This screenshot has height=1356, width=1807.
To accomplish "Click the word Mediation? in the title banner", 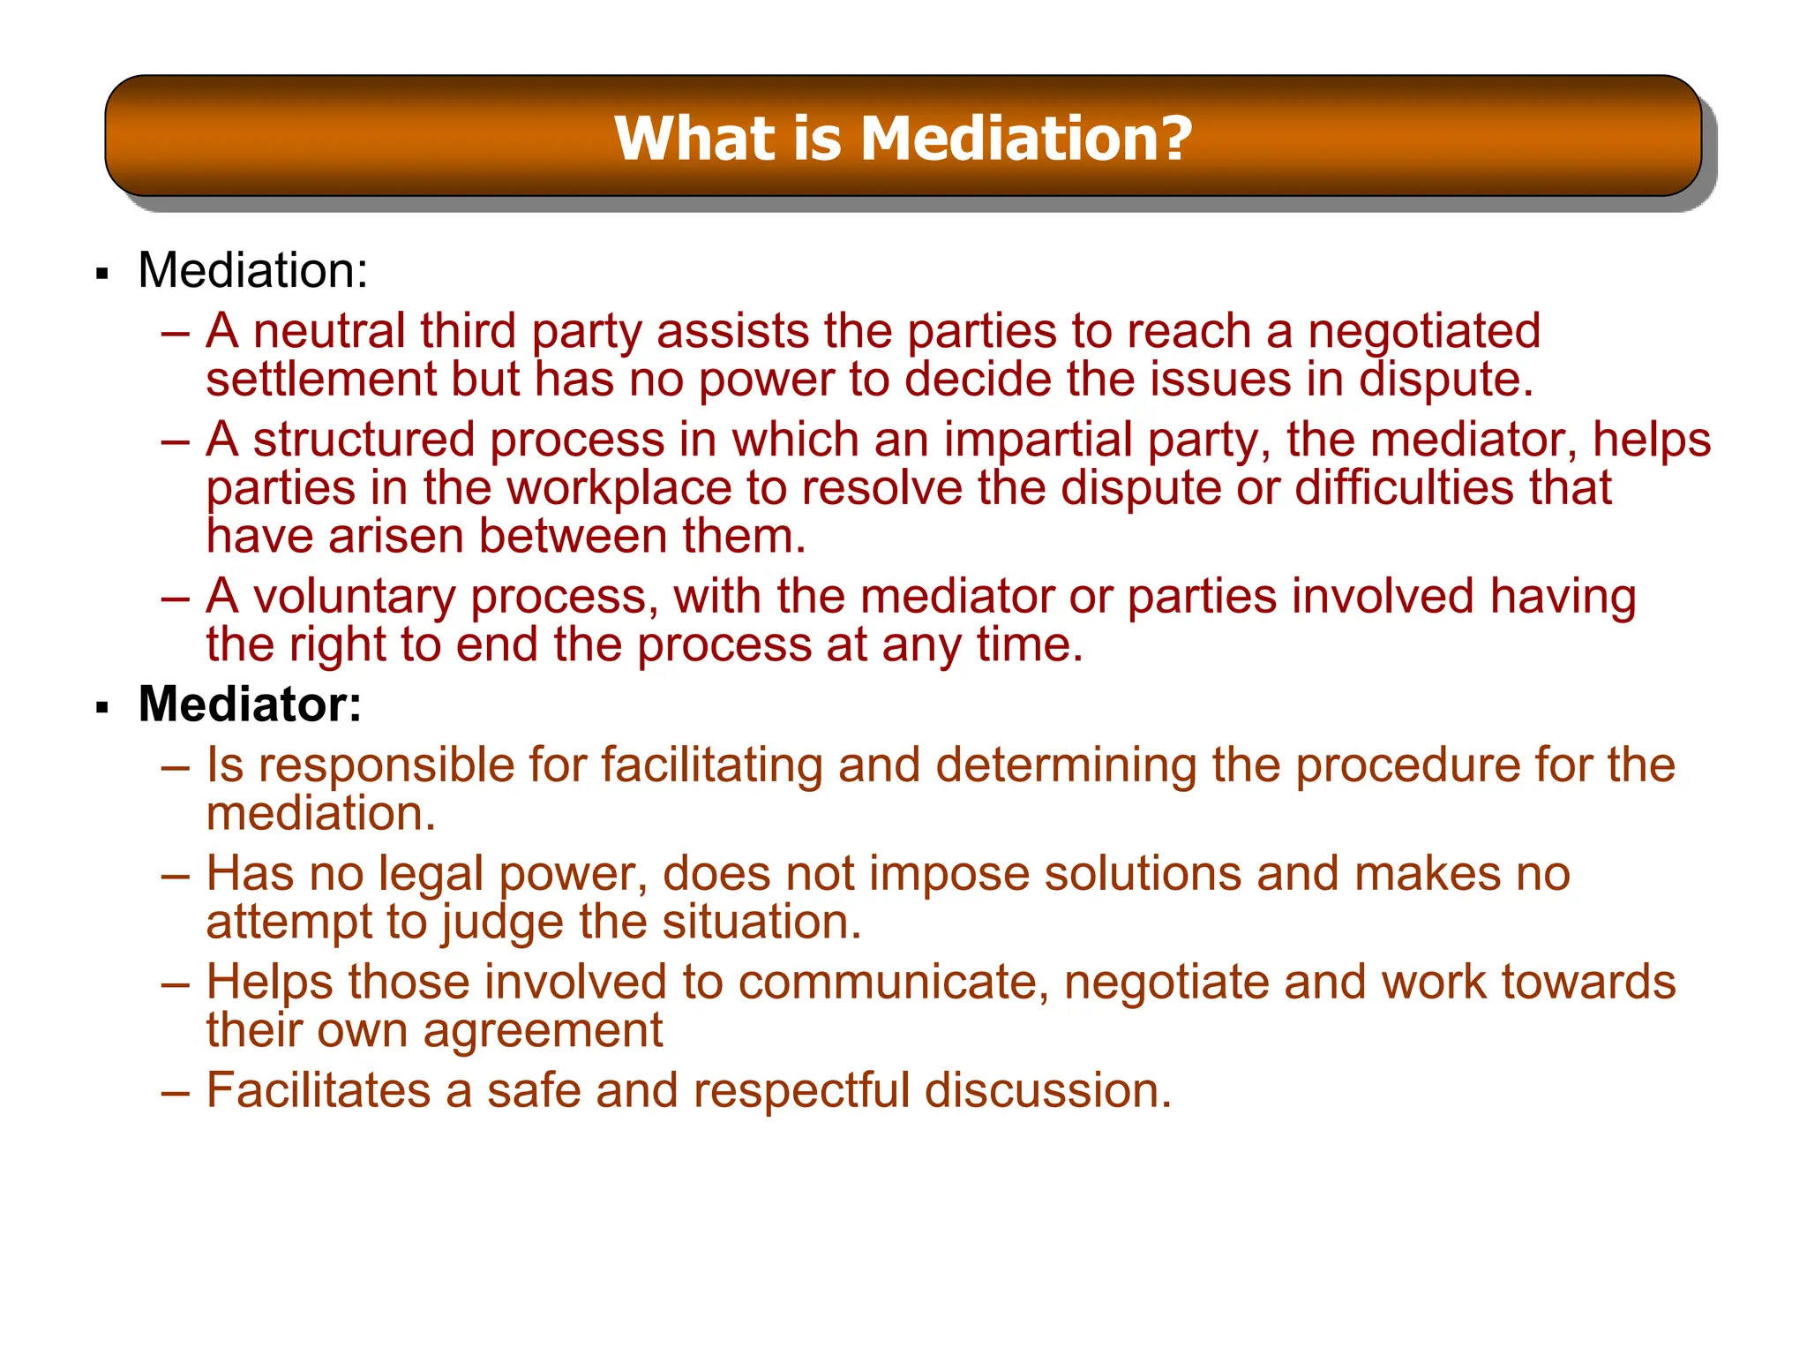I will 1026,139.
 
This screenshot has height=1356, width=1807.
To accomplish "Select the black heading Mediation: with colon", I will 252,270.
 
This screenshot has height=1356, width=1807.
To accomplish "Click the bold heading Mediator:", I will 250,704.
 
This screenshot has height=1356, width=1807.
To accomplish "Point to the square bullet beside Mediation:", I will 102,274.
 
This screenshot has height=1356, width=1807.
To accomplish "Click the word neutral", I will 328,331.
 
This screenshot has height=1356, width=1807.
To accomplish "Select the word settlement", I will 321,380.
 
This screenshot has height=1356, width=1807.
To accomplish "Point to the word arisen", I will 395,537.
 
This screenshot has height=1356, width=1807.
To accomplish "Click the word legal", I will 431,874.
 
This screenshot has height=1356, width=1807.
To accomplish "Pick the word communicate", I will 889,983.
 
